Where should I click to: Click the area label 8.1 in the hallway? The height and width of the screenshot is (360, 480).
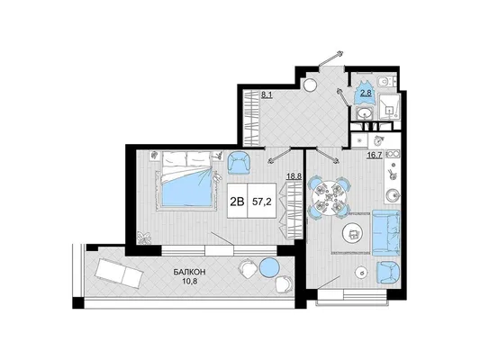coord(267,95)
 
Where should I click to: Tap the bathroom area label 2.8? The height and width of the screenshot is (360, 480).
coord(366,93)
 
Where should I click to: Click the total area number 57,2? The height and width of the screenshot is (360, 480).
coord(262,202)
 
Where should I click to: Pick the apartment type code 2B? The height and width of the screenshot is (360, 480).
coord(237,202)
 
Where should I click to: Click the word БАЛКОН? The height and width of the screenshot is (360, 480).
coord(189,272)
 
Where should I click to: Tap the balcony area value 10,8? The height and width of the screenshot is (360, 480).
coord(189,281)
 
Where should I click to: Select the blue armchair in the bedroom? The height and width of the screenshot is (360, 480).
coord(239,163)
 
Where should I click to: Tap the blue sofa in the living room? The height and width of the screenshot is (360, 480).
coord(386,233)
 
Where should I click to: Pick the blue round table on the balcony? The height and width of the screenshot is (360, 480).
coord(269,267)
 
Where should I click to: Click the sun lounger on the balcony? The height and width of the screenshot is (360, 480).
coord(119,273)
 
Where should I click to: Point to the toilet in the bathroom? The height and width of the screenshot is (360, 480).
coord(385,82)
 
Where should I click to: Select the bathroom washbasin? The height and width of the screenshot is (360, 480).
coord(365,114)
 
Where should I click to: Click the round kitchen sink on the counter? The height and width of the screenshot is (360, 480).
coord(392,195)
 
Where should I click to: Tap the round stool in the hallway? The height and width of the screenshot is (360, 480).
coord(310,84)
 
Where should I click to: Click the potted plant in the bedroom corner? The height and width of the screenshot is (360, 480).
coord(144,238)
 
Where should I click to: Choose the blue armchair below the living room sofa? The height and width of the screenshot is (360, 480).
coord(388,273)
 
